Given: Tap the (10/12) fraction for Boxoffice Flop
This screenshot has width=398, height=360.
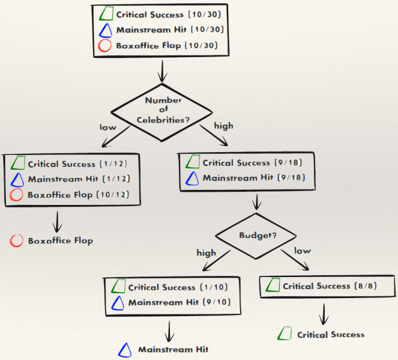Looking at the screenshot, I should pos(127,195).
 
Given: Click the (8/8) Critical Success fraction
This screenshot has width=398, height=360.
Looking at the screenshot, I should pos(368,286).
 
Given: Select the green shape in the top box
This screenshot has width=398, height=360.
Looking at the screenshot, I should pos(106,14).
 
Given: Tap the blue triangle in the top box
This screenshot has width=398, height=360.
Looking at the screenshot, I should pos(105,30).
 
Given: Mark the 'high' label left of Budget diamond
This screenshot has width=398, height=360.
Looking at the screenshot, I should pos(206,252).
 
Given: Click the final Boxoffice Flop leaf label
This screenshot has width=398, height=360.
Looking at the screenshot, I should pos(61,241).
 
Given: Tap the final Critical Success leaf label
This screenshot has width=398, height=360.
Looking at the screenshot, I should pos(330,335).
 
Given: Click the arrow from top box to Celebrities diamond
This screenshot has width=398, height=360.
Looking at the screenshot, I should pos(161,73).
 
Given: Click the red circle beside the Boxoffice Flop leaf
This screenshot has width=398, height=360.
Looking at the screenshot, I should pos(16,241).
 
